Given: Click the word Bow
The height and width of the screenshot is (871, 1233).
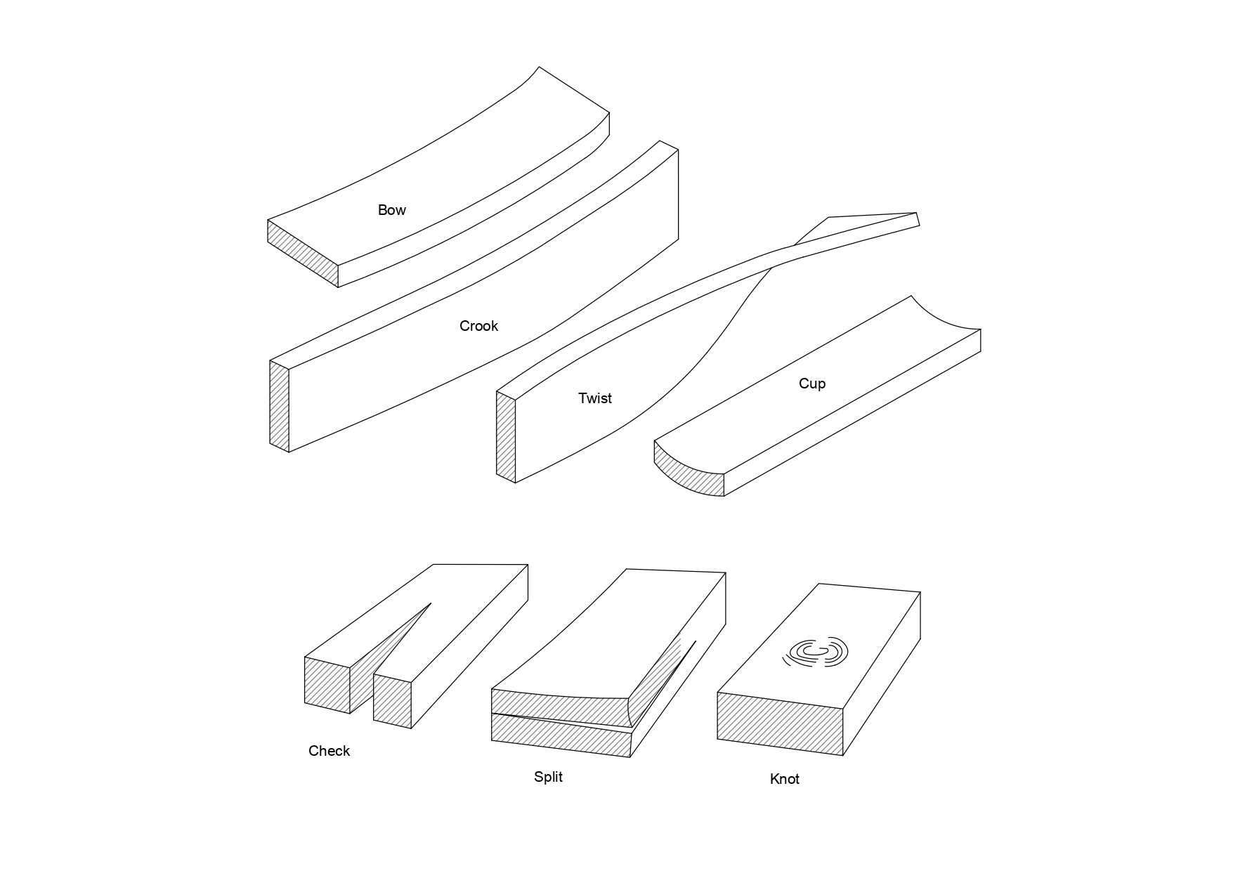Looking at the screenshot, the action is pos(391,210).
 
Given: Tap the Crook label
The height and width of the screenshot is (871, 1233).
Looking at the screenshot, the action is pos(478,326).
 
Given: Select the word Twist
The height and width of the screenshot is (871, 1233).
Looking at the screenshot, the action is pos(594,398).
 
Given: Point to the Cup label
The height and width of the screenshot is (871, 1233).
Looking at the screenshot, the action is pos(811,384).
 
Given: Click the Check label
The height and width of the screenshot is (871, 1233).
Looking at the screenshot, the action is pos(329,751).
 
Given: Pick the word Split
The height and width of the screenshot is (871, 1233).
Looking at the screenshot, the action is pos(548,777).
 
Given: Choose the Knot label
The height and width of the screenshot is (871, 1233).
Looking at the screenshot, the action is pos(784,779).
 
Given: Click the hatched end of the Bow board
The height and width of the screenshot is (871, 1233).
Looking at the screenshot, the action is pos(303,254).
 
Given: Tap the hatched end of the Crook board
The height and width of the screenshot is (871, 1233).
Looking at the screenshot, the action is pos(280,406).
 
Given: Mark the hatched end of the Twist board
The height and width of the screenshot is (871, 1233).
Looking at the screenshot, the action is pos(506,437).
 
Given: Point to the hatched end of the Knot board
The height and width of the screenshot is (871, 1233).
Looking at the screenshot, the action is pos(780,723).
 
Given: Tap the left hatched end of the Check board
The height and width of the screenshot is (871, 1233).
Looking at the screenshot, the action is pos(327,685).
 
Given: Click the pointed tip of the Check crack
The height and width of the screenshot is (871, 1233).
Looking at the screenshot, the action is pos(431,603).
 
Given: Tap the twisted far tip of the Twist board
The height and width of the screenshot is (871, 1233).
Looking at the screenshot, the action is pos(918,218).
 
